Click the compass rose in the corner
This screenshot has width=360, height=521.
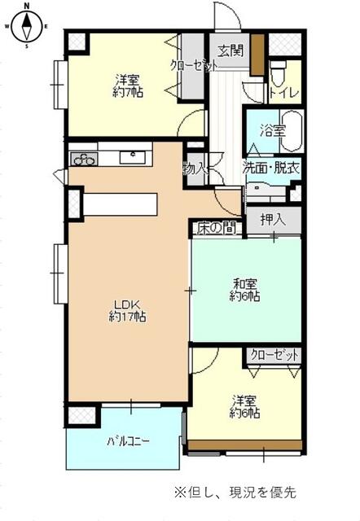click(27, 26)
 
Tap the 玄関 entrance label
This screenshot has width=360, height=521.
click(230, 50)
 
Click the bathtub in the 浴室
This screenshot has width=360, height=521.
click(292, 131)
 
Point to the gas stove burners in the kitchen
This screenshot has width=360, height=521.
click(84, 160)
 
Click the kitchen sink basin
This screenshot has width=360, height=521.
click(132, 157)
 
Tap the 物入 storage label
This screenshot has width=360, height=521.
click(194, 170)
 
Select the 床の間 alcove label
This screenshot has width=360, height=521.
click(217, 228)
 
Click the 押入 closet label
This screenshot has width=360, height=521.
click(273, 220)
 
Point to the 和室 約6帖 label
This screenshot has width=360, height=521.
click(245, 290)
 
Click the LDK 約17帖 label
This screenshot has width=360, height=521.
click(128, 311)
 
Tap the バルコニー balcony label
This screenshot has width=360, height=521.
click(128, 441)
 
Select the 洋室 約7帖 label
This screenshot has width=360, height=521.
click(128, 86)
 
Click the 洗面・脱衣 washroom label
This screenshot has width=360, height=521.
click(271, 169)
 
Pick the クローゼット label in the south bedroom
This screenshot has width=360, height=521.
click(274, 355)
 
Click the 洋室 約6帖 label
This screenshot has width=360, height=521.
click(245, 407)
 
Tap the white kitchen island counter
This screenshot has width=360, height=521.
click(120, 204)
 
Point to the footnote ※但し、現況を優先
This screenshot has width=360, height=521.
click(235, 492)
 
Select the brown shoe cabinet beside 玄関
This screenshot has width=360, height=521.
click(257, 55)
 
